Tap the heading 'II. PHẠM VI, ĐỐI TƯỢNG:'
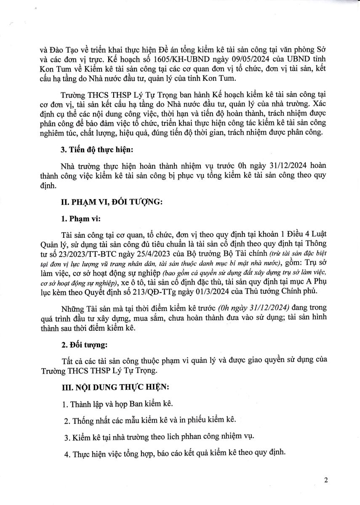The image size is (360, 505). coord(111,202)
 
